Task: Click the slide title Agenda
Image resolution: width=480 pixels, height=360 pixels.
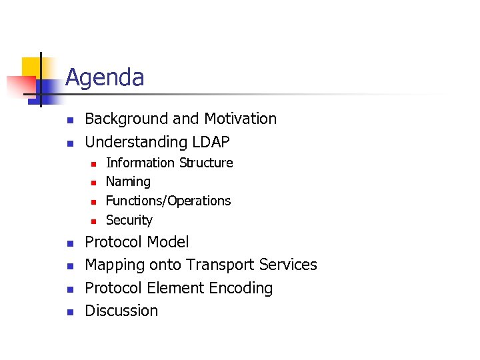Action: coord(105,78)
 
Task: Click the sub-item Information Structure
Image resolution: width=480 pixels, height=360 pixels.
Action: coord(169,163)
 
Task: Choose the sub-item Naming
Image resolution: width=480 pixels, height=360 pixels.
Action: coord(128,181)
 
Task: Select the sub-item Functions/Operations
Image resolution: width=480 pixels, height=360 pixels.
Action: coord(168,201)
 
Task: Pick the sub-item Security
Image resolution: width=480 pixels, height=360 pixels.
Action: coord(129,220)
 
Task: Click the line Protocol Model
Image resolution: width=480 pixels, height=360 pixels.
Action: coord(137,242)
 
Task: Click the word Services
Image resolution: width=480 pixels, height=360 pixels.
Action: coord(288,265)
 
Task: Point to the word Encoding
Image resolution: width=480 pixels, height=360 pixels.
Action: coord(241,288)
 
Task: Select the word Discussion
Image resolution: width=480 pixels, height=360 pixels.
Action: coord(121,311)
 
